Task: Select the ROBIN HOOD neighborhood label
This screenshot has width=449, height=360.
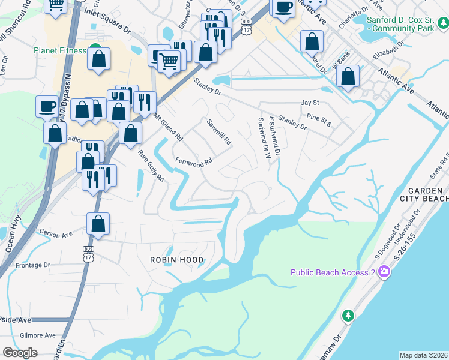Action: click(177, 260)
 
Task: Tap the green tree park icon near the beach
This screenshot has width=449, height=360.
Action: click(347, 315)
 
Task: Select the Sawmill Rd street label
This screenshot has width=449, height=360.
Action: click(219, 133)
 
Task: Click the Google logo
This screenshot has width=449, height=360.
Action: click(20, 353)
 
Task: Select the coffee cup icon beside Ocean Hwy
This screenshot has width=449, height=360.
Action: click(47, 107)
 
